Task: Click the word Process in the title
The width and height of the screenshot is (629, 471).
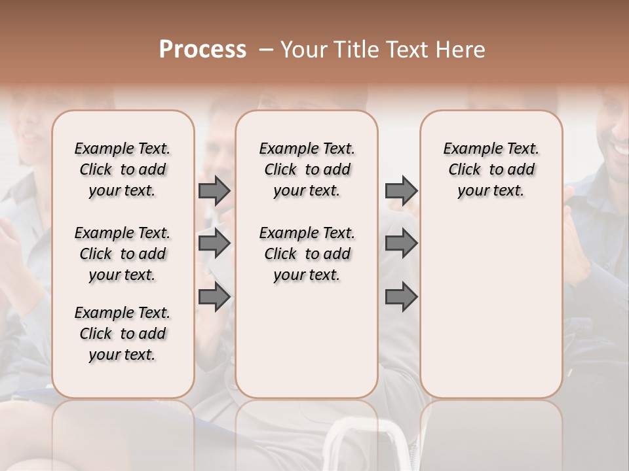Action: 202,50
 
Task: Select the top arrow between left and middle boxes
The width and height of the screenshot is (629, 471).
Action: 214,190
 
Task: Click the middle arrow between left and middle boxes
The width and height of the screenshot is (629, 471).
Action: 214,243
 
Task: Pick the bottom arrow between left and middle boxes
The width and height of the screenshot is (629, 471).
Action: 214,297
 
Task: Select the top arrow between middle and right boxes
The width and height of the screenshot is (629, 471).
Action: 401,190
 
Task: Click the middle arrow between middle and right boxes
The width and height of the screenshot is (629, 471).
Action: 401,243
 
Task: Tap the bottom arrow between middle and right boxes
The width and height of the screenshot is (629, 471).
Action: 401,297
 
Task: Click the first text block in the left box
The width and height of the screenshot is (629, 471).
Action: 123,169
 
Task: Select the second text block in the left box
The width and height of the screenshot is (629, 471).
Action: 123,254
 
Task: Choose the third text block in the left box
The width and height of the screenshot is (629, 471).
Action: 123,334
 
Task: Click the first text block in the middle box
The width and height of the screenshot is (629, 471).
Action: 307,169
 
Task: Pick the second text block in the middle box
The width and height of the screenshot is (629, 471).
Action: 307,254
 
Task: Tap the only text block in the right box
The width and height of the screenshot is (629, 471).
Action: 491,169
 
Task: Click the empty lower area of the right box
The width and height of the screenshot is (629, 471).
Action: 491,314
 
